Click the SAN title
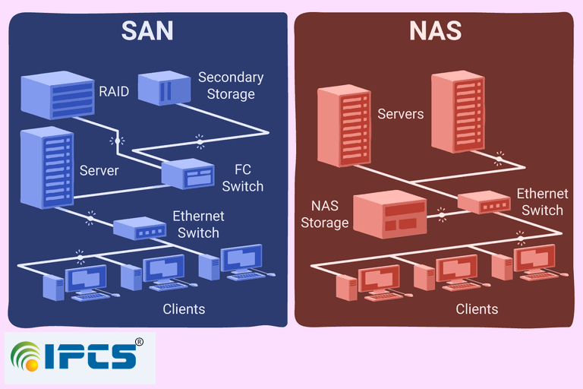(x=147, y=30)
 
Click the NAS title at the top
(x=436, y=30)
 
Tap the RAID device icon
(x=58, y=95)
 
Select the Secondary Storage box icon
(x=164, y=88)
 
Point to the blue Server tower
(x=47, y=167)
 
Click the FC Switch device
(x=188, y=173)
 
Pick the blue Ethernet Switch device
(x=140, y=228)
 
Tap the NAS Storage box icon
(x=389, y=214)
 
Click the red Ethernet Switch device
(x=484, y=202)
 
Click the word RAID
(x=114, y=91)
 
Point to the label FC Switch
(x=243, y=178)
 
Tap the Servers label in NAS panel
(x=401, y=114)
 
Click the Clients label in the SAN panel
(x=184, y=309)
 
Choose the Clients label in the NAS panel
(x=477, y=309)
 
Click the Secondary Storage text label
(x=231, y=86)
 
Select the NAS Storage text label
(x=325, y=214)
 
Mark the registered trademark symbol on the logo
(x=139, y=342)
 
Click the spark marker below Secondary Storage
(x=200, y=142)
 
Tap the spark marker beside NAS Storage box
(x=441, y=215)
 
